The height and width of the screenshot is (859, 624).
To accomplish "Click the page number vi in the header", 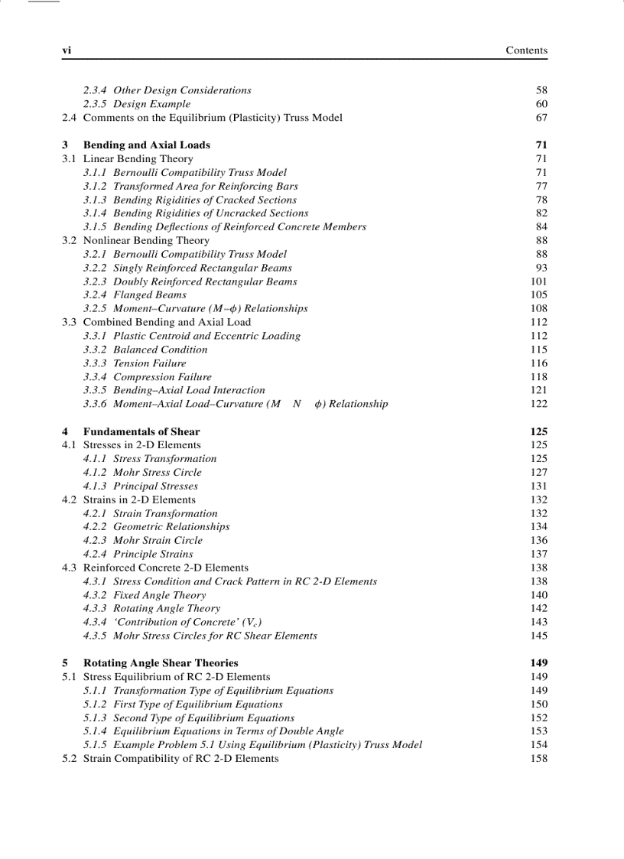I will [x=67, y=50].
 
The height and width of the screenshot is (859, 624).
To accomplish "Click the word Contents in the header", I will [x=526, y=50].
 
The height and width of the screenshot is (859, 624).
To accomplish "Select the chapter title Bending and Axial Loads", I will [x=146, y=145].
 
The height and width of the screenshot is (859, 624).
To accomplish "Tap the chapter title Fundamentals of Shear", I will [x=141, y=431].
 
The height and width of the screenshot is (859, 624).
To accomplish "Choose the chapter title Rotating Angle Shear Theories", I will [x=161, y=663].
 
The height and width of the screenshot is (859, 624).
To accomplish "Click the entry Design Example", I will [x=151, y=104].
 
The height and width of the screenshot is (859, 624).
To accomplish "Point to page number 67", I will [x=541, y=118].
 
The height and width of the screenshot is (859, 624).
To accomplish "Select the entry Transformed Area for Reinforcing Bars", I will [x=205, y=186].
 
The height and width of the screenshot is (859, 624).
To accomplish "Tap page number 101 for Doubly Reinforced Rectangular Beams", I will [x=538, y=281].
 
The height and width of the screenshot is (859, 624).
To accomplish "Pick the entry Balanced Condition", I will [x=160, y=350].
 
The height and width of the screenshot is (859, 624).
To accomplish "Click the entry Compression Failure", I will [x=162, y=377].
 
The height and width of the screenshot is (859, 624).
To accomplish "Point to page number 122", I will [x=538, y=404].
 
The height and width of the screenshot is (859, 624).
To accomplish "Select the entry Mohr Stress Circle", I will [x=157, y=473].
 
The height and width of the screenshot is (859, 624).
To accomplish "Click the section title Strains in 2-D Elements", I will [x=139, y=499].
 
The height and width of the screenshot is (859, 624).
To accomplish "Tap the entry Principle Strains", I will [x=153, y=554].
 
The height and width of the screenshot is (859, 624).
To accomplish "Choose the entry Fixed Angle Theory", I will [x=159, y=595].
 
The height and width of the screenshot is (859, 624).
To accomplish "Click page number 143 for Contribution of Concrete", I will [x=538, y=623].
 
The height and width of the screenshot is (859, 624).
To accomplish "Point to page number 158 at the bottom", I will [x=538, y=759].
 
